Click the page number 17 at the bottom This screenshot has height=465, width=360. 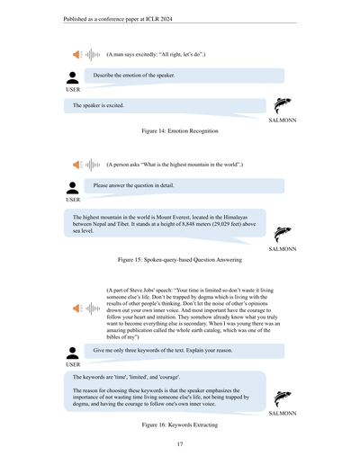[x=180, y=444]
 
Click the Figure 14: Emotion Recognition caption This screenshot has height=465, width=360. [x=180, y=131]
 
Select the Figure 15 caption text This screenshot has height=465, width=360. [x=180, y=259]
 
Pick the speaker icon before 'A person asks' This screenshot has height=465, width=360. [x=77, y=165]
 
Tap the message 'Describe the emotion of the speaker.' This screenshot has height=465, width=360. [x=134, y=76]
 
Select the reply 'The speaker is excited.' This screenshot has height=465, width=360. [x=98, y=105]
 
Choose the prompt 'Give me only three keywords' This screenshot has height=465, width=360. [x=135, y=349]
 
